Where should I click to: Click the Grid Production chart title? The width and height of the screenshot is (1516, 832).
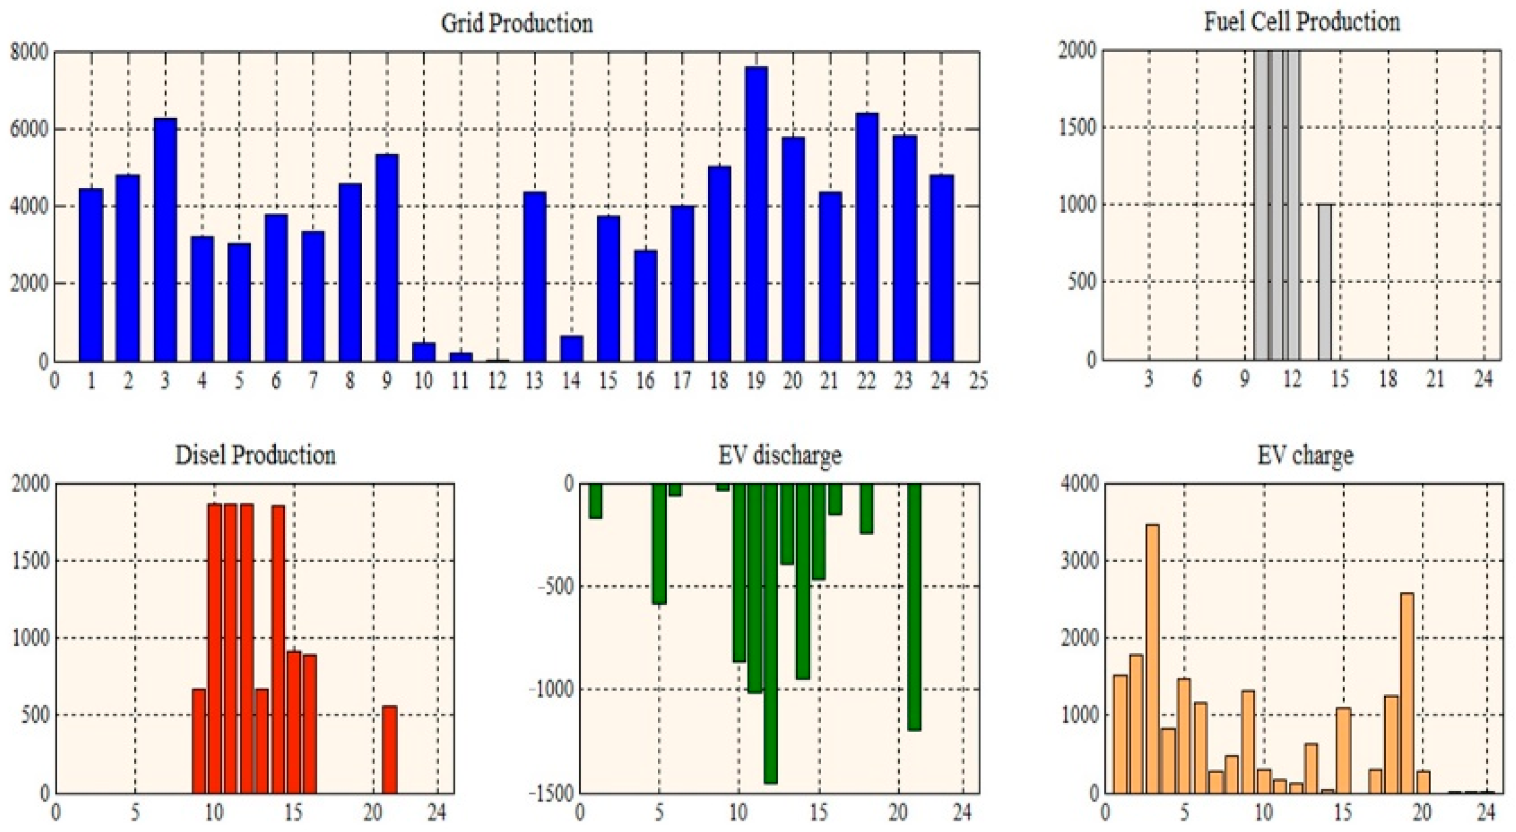(517, 23)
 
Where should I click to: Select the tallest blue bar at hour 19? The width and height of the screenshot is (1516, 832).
(755, 215)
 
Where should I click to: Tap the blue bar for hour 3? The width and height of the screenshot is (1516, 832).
(166, 240)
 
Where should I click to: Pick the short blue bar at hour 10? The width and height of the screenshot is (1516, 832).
(424, 352)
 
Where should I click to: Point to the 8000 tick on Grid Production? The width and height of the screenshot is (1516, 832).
(28, 52)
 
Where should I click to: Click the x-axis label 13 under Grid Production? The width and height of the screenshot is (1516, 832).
(534, 381)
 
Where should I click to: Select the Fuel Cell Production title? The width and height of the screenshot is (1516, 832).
(1302, 22)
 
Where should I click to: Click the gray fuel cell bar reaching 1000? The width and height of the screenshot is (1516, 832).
(1324, 283)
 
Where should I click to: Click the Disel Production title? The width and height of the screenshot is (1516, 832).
(255, 456)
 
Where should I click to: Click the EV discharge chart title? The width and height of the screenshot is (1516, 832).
(779, 456)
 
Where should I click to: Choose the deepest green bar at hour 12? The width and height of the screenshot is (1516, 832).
(770, 633)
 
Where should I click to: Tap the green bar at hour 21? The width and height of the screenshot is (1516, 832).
(914, 606)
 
